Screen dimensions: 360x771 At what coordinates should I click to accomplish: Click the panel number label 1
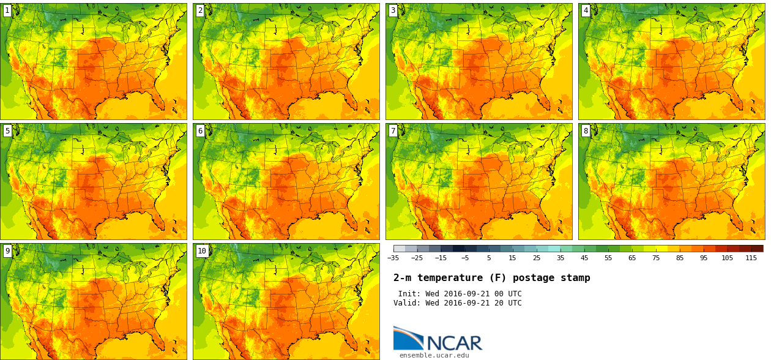pyautogui.click(x=7, y=10)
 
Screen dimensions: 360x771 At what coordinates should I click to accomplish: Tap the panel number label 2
pyautogui.click(x=200, y=10)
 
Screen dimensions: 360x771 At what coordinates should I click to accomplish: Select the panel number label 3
pyautogui.click(x=393, y=10)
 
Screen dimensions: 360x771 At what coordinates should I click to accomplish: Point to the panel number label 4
pyautogui.click(x=586, y=10)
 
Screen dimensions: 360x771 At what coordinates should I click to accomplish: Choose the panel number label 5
pyautogui.click(x=7, y=130)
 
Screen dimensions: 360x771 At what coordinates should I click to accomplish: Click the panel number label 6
pyautogui.click(x=200, y=130)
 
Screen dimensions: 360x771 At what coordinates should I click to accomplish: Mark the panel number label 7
pyautogui.click(x=393, y=130)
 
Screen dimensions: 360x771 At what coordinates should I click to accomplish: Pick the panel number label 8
pyautogui.click(x=586, y=130)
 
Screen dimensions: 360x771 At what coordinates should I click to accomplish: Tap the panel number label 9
pyautogui.click(x=7, y=251)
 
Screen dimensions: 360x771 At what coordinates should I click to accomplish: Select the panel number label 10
pyautogui.click(x=202, y=251)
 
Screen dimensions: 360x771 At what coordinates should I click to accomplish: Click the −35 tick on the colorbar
pyautogui.click(x=393, y=258)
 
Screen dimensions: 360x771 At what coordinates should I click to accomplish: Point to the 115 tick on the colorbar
pyautogui.click(x=751, y=258)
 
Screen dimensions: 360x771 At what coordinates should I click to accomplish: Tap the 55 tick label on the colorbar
pyautogui.click(x=608, y=258)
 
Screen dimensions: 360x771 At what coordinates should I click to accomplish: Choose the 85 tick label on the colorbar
pyautogui.click(x=680, y=258)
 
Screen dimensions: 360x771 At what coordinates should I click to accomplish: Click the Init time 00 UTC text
pyautogui.click(x=501, y=294)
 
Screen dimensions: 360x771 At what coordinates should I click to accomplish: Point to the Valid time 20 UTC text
pyautogui.click(x=501, y=303)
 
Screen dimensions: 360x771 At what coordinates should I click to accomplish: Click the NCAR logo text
pyautogui.click(x=454, y=343)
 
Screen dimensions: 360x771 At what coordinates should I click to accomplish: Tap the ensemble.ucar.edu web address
pyautogui.click(x=434, y=355)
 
